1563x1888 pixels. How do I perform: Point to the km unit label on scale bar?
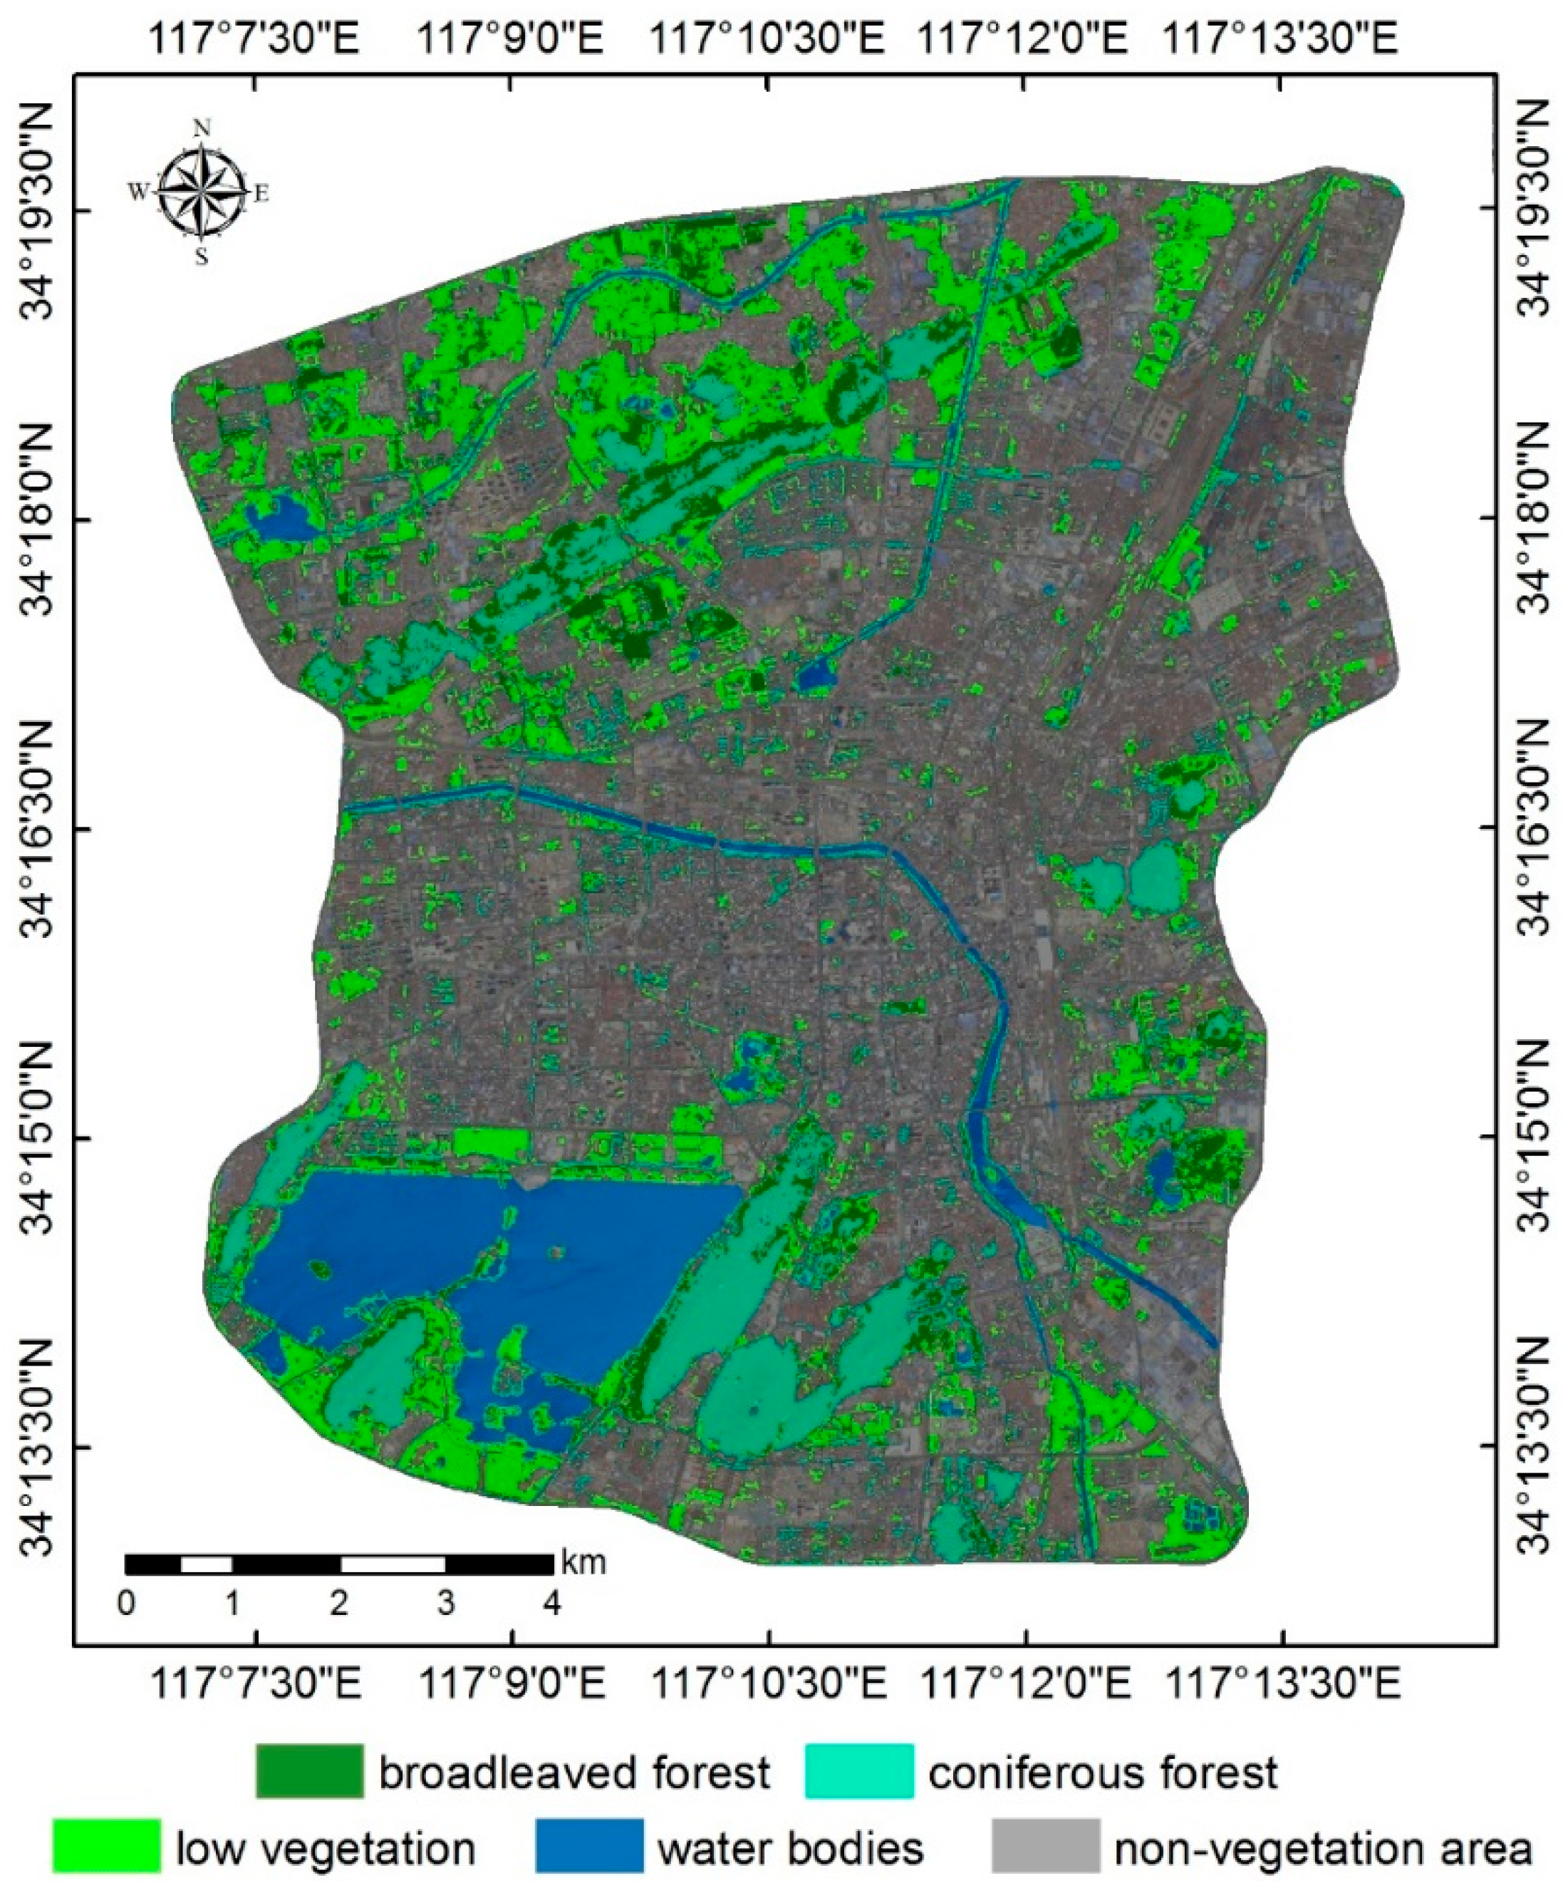coord(583,1562)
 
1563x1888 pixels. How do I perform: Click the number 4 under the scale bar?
coord(552,1604)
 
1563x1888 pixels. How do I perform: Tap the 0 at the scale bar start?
coord(127,1604)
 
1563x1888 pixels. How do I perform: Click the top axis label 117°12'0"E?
coord(1024,41)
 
